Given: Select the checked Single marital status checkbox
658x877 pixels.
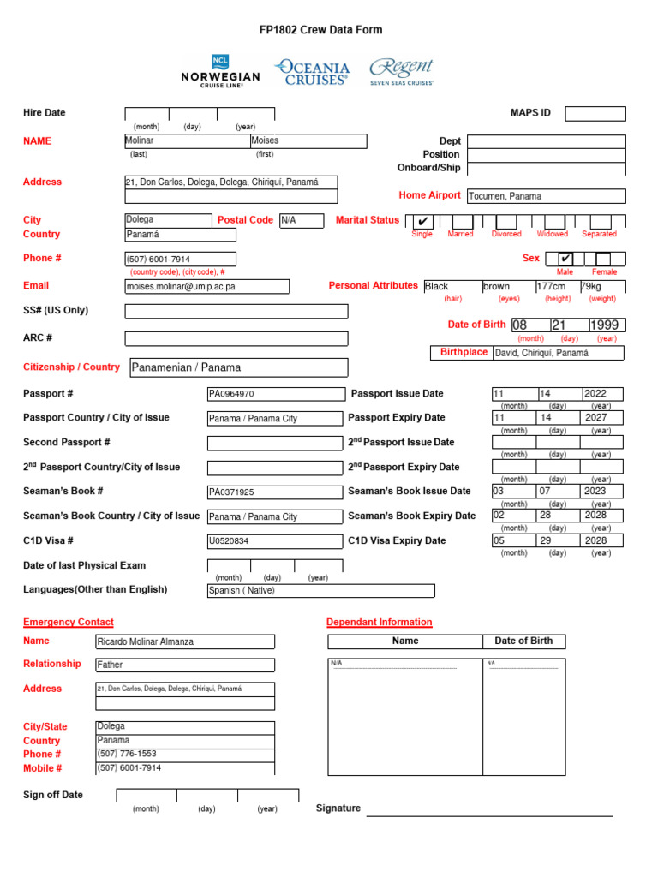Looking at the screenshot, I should click(422, 221).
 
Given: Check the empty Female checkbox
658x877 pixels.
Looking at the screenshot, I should click(603, 259).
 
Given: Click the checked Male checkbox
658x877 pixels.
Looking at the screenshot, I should click(565, 259).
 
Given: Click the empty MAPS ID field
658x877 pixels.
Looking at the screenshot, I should click(595, 113).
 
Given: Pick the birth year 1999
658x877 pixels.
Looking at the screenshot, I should click(607, 325).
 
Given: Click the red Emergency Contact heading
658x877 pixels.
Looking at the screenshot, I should click(68, 623).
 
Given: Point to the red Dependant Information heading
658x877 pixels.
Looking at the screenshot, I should click(379, 623).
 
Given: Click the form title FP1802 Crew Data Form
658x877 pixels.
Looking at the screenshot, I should click(320, 30).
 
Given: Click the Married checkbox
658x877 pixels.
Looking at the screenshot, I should click(460, 221).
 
